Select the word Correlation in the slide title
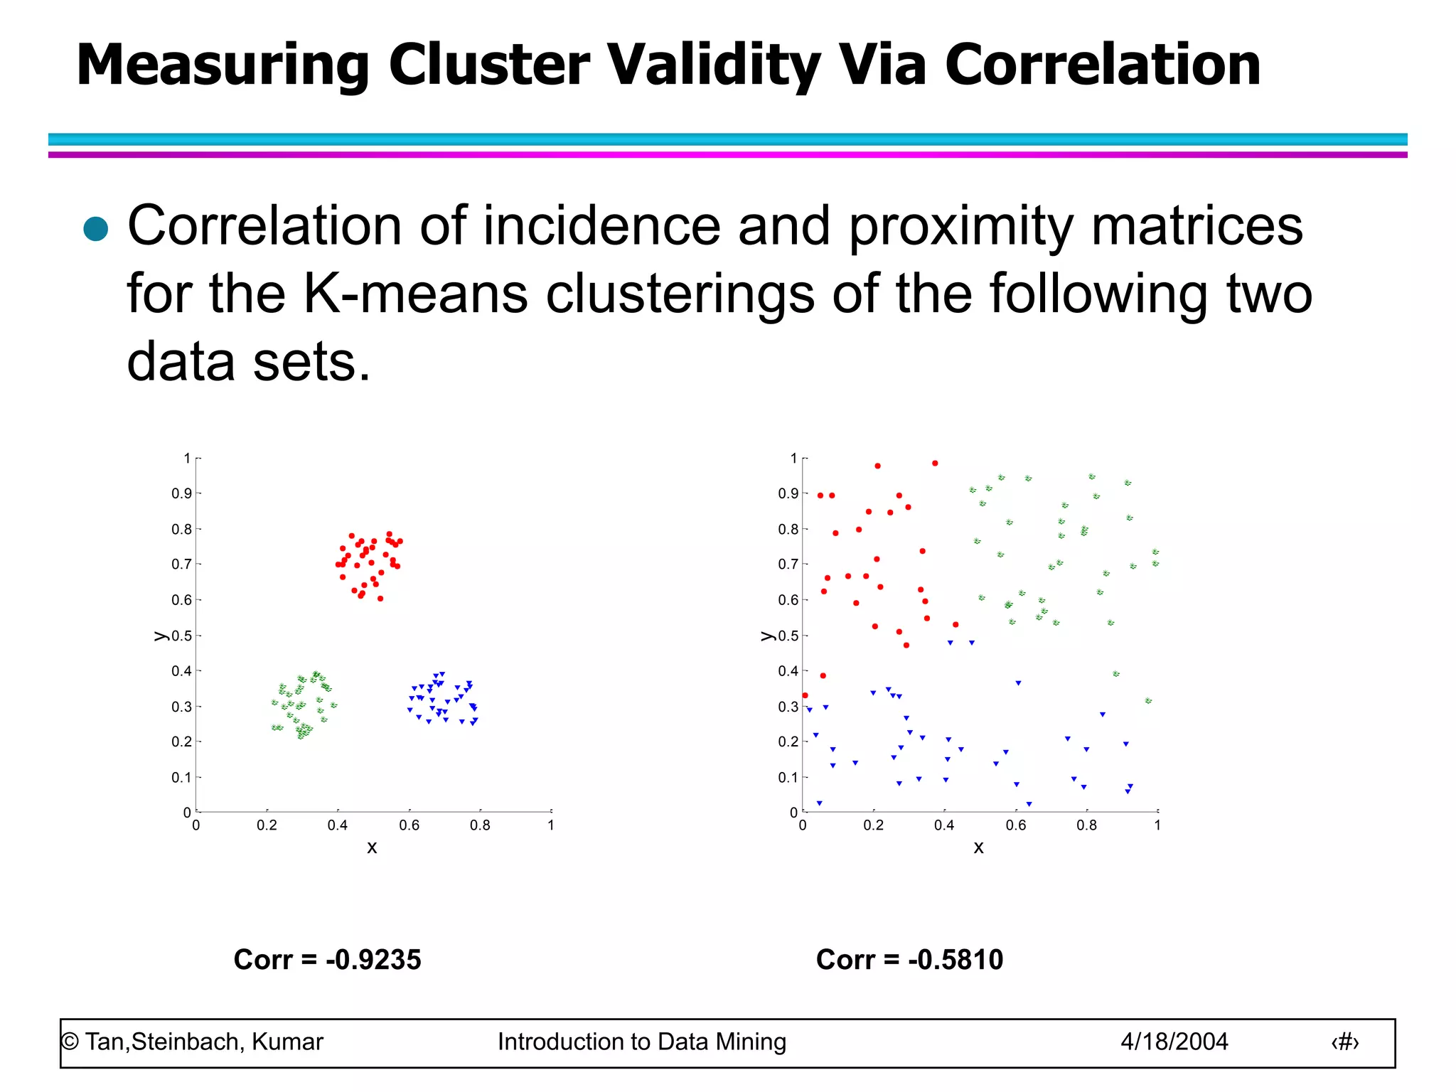[1102, 65]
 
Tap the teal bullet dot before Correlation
[95, 230]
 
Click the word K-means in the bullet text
[415, 294]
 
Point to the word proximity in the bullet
[960, 226]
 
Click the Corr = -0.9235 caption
[327, 960]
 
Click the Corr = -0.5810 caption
[909, 960]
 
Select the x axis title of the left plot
[372, 847]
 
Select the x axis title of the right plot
[978, 847]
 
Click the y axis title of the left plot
[161, 636]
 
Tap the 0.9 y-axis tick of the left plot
[181, 493]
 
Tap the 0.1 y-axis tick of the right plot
[788, 777]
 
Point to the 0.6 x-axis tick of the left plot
[409, 825]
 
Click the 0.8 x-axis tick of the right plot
[1086, 825]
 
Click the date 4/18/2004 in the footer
[1174, 1042]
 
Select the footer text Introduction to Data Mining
[641, 1042]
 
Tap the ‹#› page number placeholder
[1344, 1042]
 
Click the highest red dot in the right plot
[935, 464]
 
